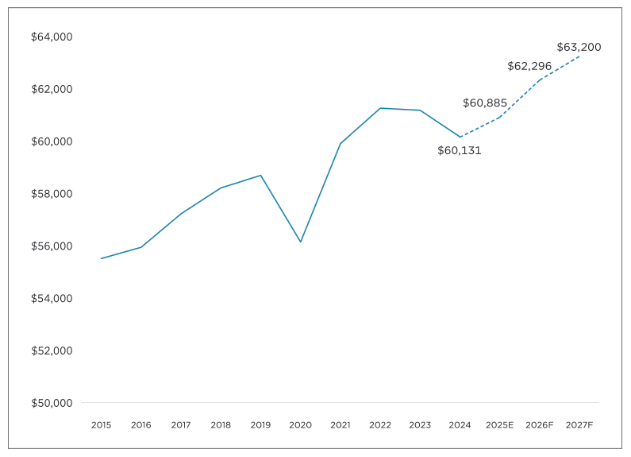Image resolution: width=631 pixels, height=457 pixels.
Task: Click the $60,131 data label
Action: tap(460, 150)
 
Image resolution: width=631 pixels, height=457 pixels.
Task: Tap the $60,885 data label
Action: tap(485, 103)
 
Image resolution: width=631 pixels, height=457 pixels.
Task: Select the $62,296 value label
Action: tap(529, 66)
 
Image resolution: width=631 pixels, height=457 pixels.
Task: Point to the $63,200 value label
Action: tap(579, 47)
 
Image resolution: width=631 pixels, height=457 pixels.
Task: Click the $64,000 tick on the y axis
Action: tap(52, 37)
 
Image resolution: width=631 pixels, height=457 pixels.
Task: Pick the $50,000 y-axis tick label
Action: tap(52, 403)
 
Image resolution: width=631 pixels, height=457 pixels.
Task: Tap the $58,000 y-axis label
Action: tap(52, 194)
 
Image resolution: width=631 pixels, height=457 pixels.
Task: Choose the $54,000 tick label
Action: tap(52, 298)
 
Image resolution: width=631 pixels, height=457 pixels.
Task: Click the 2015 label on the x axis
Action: tap(102, 425)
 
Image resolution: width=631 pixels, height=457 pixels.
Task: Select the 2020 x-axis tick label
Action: tap(300, 425)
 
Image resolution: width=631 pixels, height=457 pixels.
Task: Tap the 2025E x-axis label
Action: tap(500, 425)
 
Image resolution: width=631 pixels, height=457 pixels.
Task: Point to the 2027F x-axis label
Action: tap(579, 425)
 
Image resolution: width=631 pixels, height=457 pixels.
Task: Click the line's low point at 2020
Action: tap(300, 242)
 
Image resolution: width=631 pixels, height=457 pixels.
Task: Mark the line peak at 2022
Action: tap(380, 108)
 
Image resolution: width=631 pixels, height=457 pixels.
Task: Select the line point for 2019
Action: tap(260, 175)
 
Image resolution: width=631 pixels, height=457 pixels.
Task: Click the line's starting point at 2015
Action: tap(102, 258)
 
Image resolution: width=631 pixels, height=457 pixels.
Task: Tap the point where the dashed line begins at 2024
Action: tap(460, 137)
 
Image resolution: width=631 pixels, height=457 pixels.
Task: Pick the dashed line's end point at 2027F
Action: tap(579, 56)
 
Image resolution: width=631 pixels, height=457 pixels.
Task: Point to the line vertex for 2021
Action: tap(341, 143)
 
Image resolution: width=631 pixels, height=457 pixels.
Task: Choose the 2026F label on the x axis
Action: tap(540, 425)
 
